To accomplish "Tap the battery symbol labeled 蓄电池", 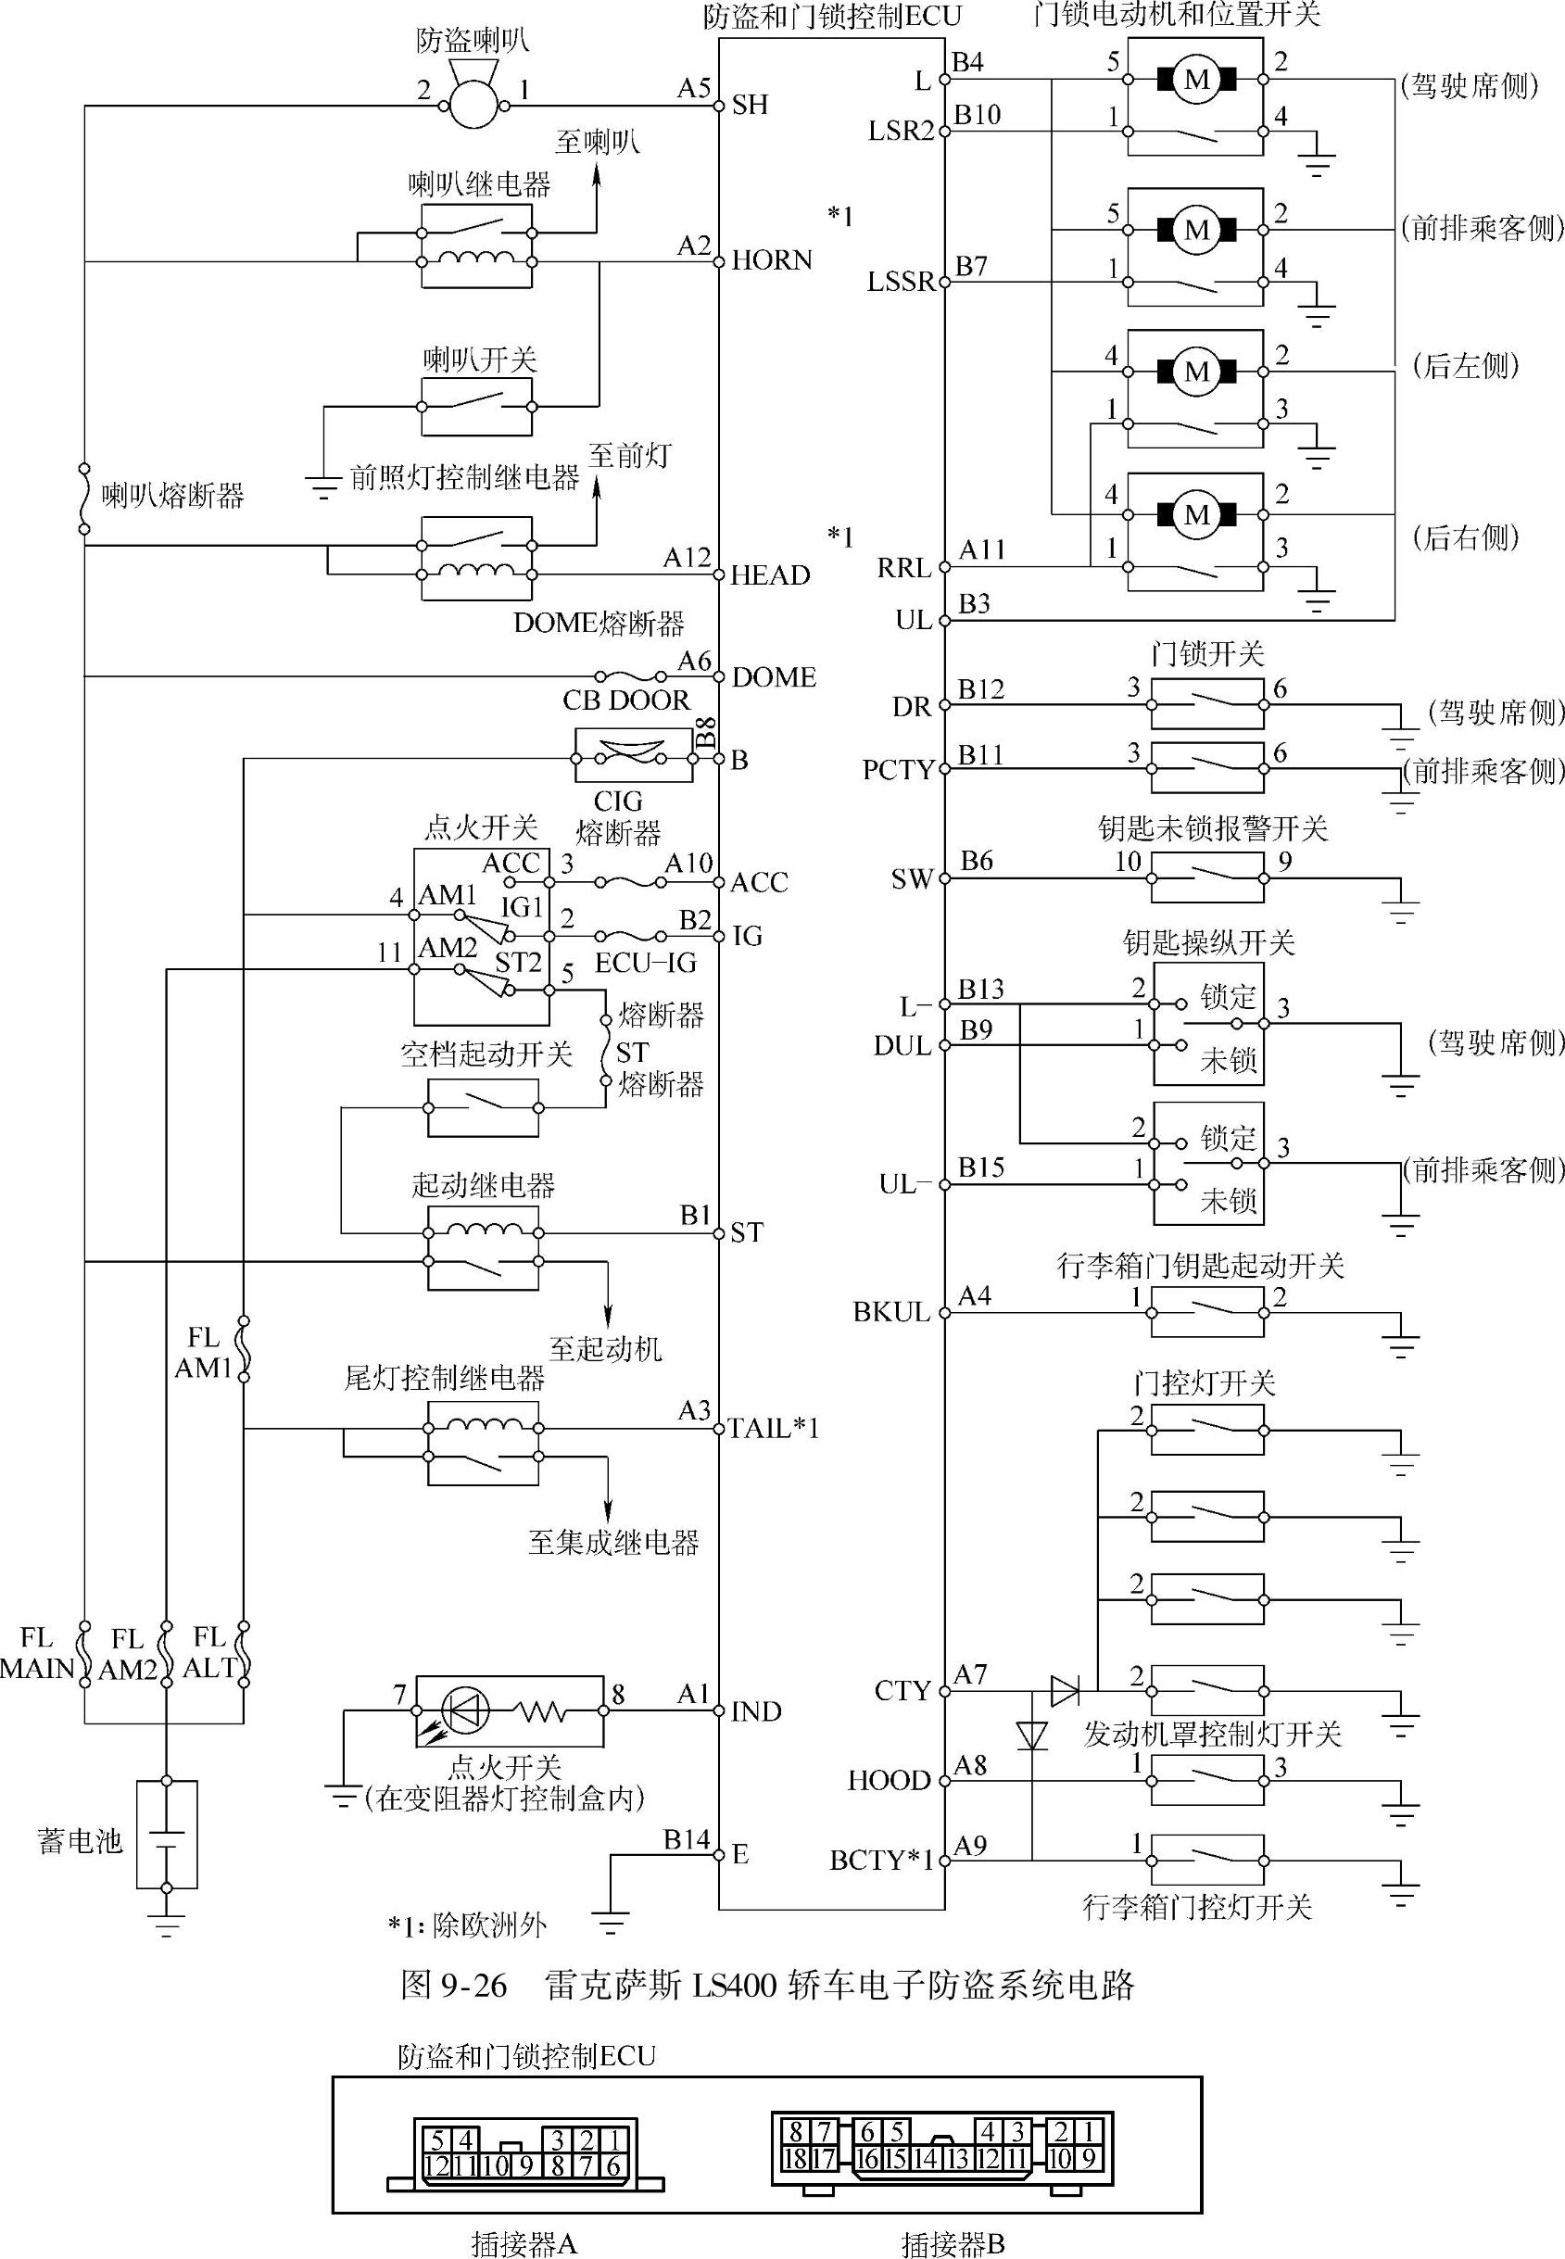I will (167, 1834).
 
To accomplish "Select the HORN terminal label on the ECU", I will (772, 260).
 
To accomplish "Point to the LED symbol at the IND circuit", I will (466, 1710).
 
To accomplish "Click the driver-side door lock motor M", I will (1196, 80).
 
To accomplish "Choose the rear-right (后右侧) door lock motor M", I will (1196, 515).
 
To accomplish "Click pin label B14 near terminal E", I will (687, 1839).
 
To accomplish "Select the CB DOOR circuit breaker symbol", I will (633, 756).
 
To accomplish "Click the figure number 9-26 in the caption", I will (474, 1987).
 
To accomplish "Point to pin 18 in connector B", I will (795, 2158).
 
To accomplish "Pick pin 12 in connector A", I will (437, 2164).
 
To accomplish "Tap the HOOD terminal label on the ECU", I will (889, 1781).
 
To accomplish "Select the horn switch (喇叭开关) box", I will (476, 406).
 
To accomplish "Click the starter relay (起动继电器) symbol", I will (483, 1247).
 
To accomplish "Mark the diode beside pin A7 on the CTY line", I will (1065, 1690).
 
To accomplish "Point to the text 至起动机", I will (605, 1349).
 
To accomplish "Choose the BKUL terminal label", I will (891, 1312).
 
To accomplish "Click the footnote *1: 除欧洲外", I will (467, 1925).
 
